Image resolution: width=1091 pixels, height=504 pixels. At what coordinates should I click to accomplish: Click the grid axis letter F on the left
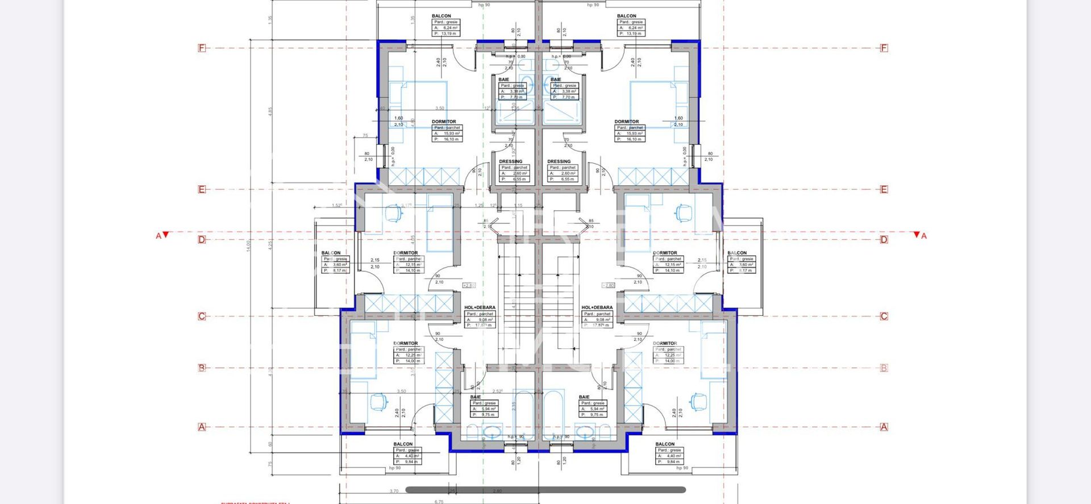point(201,48)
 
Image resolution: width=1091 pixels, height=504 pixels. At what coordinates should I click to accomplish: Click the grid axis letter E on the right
point(884,189)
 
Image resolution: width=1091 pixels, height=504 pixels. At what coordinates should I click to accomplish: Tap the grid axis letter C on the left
point(201,316)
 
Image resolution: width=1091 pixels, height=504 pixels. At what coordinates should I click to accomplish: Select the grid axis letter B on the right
point(884,368)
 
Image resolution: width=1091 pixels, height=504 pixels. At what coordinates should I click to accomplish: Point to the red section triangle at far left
point(165,235)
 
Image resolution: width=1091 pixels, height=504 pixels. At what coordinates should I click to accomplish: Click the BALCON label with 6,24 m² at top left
point(442,16)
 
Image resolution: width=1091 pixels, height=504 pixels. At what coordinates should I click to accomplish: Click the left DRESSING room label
point(510,161)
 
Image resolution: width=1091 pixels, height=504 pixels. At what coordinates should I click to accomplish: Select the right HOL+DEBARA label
point(597,307)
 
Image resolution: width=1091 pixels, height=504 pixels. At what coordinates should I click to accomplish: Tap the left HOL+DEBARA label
point(480,307)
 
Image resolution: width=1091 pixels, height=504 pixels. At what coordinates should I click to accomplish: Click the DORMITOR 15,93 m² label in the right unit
point(626,122)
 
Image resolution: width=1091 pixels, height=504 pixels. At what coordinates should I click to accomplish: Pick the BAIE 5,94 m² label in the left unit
point(476,397)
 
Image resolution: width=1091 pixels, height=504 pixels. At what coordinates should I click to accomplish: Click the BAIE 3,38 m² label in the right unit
point(556,80)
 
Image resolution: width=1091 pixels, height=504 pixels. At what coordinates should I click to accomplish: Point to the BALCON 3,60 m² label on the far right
point(737,253)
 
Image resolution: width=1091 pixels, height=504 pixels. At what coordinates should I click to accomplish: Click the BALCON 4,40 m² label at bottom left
point(403,444)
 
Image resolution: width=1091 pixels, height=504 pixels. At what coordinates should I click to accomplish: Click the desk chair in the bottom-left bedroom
point(377,402)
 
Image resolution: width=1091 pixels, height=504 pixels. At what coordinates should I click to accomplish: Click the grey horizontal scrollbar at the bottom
point(545,489)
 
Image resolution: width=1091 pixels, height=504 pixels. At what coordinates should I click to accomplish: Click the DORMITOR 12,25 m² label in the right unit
point(665,343)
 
